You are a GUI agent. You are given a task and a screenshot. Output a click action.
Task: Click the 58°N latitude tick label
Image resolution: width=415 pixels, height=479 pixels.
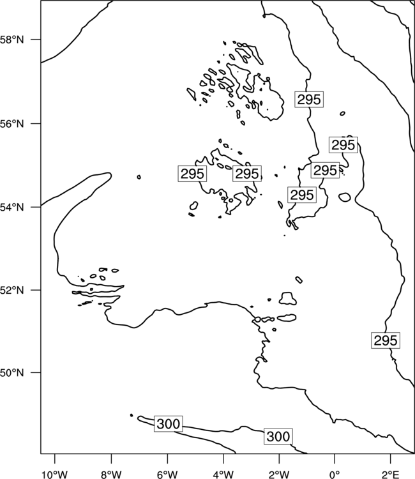(12, 40)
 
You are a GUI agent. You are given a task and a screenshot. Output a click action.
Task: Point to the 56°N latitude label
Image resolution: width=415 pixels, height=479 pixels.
(12, 124)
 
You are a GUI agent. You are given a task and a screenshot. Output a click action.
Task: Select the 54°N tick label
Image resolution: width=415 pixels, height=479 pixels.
(12, 208)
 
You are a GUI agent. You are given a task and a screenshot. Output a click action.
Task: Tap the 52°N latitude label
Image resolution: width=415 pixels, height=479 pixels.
(12, 290)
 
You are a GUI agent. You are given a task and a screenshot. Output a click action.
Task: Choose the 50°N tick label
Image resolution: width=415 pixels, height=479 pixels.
(12, 373)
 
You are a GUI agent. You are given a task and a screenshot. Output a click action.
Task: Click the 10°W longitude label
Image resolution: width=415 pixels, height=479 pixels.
(55, 475)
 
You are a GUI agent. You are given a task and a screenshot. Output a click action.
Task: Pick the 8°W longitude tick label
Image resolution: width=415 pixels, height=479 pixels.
(111, 475)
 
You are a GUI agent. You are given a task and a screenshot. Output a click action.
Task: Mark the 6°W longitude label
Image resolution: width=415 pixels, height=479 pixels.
(167, 475)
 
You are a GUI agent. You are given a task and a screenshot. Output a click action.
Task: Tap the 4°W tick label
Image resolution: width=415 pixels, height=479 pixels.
(223, 475)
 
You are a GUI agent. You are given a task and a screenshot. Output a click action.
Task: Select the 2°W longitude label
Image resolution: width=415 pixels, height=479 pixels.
(279, 475)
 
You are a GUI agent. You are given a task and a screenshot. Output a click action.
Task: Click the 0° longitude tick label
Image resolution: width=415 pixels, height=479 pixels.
(335, 475)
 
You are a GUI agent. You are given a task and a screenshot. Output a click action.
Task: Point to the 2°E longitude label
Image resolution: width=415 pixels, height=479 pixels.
(391, 475)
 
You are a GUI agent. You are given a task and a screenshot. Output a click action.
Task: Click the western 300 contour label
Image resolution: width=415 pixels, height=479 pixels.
(169, 423)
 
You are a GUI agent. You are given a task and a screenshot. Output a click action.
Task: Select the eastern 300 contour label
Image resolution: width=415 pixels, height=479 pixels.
(278, 437)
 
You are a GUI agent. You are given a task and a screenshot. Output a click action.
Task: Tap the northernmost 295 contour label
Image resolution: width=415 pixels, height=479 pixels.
(309, 99)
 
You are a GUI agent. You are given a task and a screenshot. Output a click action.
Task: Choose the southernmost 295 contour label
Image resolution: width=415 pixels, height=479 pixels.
(386, 340)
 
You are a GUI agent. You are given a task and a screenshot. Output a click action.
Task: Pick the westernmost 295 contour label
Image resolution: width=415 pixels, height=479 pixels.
(192, 174)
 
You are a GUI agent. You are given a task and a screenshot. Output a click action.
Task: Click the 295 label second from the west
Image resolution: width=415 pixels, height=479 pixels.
(247, 174)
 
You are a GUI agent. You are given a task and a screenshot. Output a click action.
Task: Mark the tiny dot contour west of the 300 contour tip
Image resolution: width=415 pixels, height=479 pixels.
(132, 415)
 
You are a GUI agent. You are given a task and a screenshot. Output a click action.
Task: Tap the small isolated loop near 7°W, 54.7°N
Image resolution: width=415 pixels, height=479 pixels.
(139, 177)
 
